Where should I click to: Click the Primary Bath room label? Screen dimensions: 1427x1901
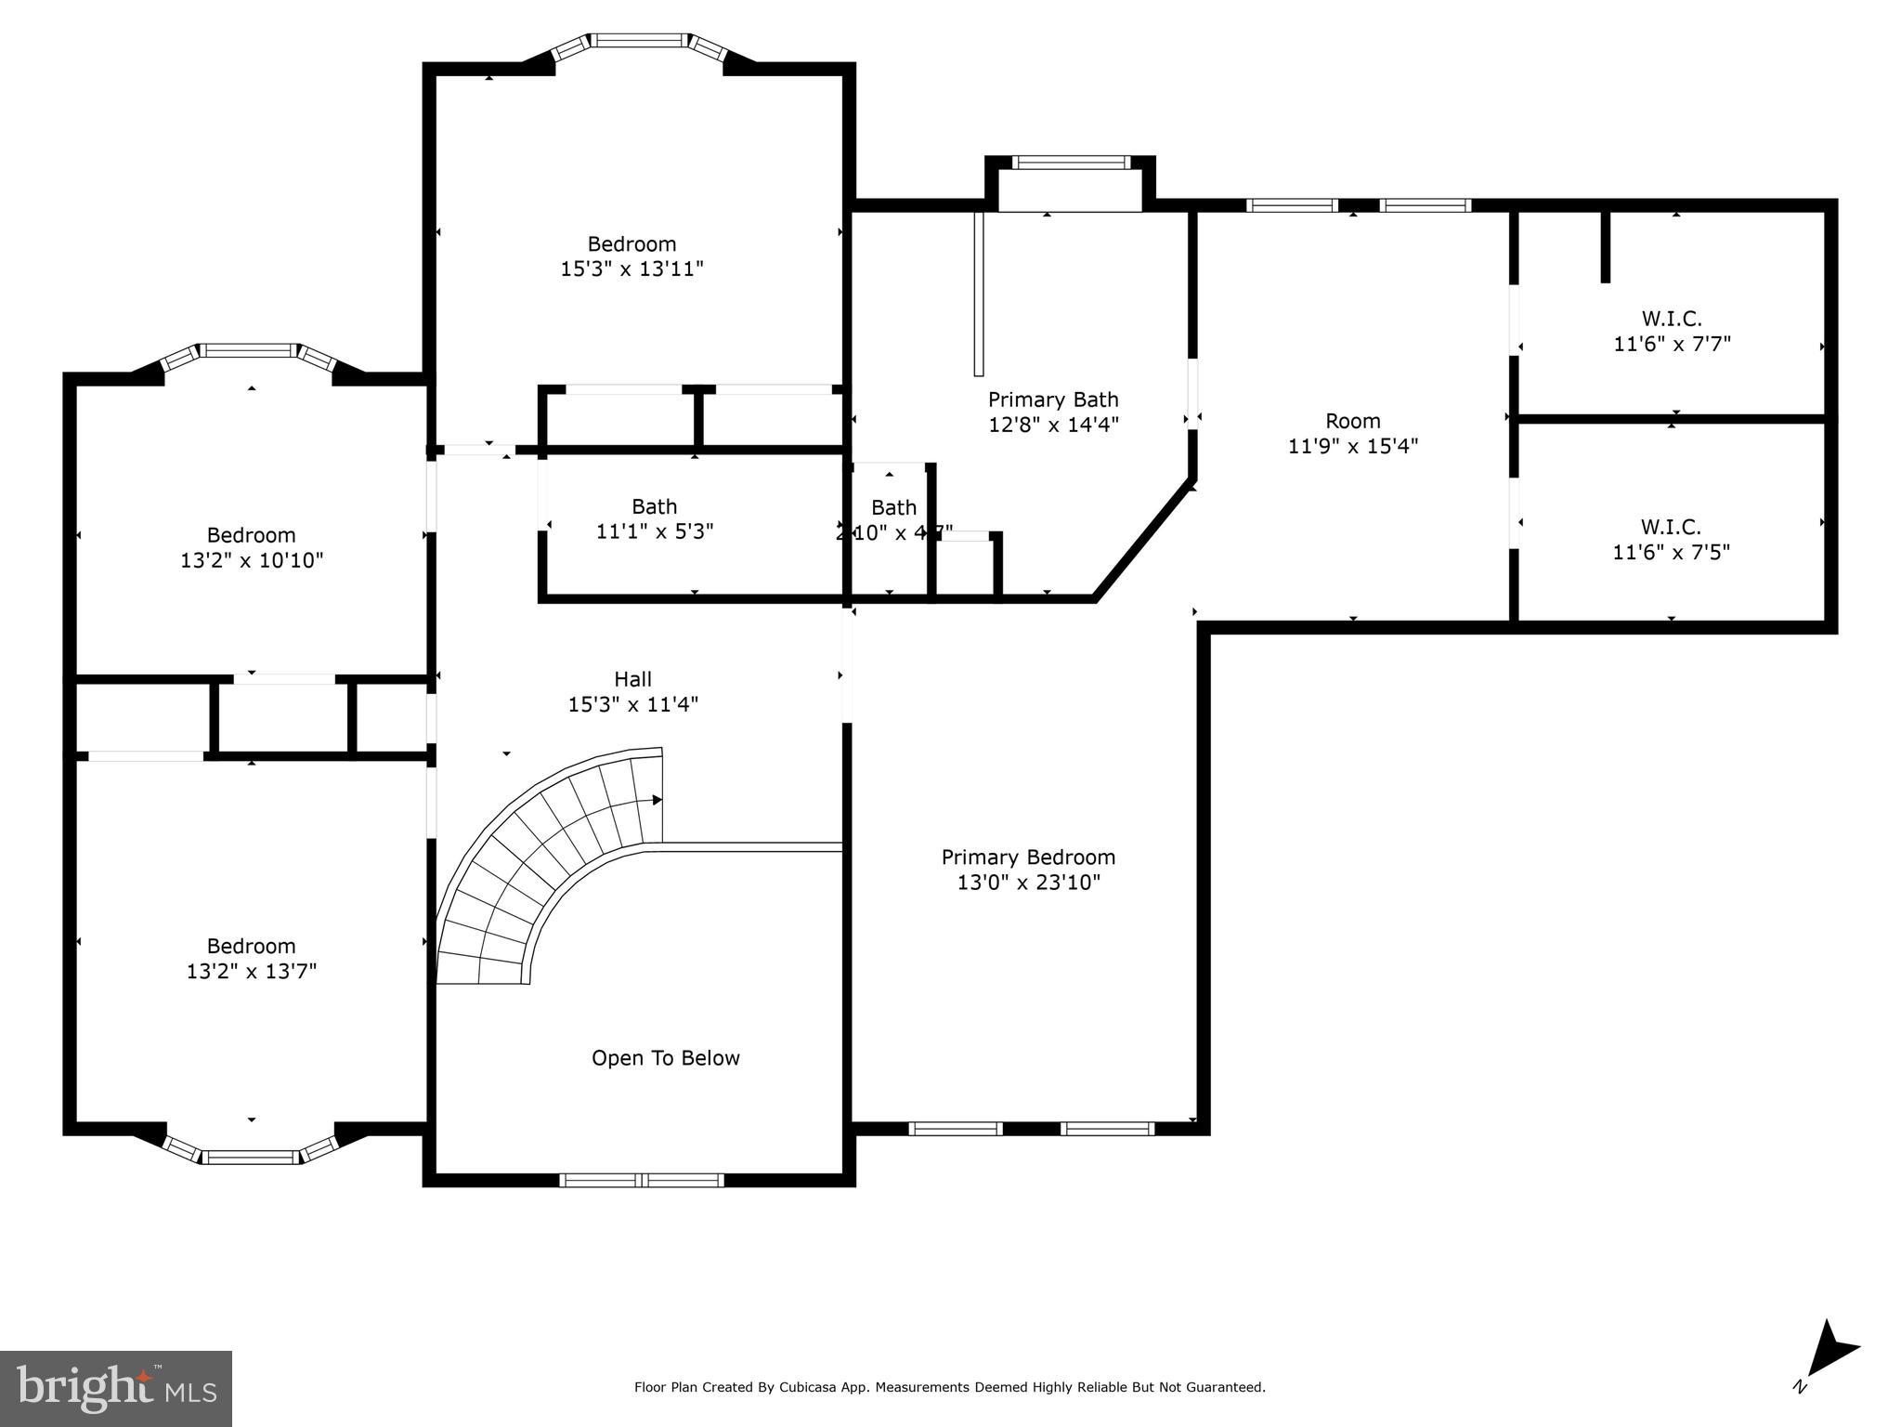[x=1052, y=399]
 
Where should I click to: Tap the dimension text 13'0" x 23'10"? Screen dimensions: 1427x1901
[x=1028, y=883]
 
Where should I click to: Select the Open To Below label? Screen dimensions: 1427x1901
[x=665, y=1058]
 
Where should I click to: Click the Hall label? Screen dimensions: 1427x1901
[x=632, y=679]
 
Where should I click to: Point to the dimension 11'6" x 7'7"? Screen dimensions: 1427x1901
[x=1672, y=344]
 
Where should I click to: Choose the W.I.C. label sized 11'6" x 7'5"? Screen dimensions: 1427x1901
[x=1671, y=527]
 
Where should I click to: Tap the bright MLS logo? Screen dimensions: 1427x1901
[x=115, y=1388]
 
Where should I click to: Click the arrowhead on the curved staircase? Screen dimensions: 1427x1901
[x=657, y=800]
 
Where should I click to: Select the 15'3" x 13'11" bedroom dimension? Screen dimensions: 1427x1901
[x=631, y=269]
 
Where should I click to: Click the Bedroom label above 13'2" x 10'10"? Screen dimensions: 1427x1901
[x=251, y=535]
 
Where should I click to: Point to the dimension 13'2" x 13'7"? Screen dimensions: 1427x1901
[x=251, y=972]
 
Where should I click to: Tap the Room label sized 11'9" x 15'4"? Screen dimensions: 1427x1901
[x=1352, y=421]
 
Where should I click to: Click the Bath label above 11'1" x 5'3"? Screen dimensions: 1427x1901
[x=654, y=506]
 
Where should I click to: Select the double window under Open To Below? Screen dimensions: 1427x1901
[x=641, y=1180]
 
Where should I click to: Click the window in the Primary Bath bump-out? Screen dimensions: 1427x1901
[x=1071, y=163]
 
